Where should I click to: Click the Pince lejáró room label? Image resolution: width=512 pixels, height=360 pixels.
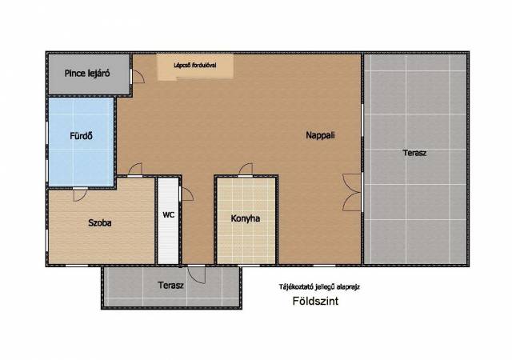(87, 74)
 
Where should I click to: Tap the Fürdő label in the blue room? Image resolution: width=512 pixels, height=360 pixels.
(81, 135)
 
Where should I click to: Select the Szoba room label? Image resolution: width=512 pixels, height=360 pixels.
(100, 222)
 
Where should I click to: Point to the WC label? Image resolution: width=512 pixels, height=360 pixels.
(169, 214)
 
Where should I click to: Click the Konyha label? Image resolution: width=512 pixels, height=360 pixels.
(246, 218)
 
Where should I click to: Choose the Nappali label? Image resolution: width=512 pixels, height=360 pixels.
(320, 135)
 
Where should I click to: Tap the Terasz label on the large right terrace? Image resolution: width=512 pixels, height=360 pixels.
(414, 153)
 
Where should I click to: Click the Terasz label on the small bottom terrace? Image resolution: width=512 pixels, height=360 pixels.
(170, 285)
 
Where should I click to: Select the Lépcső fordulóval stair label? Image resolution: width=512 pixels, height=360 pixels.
(195, 66)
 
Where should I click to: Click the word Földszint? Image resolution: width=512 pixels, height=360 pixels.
(315, 301)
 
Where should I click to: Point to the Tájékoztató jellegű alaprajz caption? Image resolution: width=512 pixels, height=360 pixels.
(319, 287)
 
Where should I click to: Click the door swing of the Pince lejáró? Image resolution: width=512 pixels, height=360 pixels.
(138, 76)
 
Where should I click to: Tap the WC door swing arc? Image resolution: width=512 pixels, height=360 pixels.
(187, 194)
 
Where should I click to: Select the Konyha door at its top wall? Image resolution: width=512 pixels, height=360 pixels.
(246, 170)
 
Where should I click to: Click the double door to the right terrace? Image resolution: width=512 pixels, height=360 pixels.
(352, 193)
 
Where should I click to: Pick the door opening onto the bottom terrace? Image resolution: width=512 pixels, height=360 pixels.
(196, 274)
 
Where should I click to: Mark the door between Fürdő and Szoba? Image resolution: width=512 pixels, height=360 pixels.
(80, 195)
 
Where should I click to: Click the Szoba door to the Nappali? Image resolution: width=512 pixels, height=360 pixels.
(135, 170)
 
